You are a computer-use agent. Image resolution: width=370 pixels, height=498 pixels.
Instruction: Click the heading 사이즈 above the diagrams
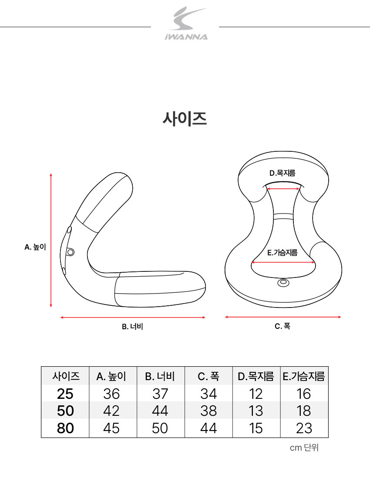click(x=185, y=119)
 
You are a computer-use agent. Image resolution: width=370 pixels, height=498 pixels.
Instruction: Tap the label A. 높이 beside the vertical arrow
click(x=35, y=247)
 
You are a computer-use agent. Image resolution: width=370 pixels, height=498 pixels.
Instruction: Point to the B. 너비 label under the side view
click(x=133, y=327)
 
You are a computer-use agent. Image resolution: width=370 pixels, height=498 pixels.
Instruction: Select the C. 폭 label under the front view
click(x=283, y=326)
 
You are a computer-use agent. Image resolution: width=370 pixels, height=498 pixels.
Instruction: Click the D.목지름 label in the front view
click(x=283, y=173)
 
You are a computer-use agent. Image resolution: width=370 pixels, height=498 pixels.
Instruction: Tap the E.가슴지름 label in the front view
click(x=283, y=253)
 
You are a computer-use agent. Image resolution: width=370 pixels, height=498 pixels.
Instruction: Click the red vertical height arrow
click(x=51, y=240)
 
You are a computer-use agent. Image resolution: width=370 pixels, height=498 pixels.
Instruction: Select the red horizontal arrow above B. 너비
click(x=133, y=317)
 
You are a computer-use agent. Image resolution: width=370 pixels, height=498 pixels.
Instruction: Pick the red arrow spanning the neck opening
click(x=283, y=189)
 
